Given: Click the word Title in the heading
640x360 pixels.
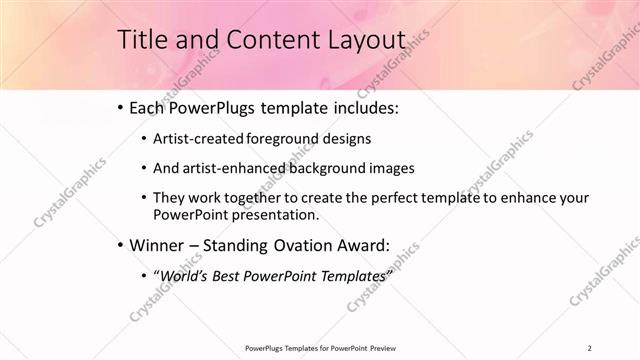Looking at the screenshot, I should pyautogui.click(x=143, y=39).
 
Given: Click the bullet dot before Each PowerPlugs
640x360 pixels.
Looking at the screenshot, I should pyautogui.click(x=121, y=106).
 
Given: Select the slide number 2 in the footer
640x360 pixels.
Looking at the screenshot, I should pyautogui.click(x=589, y=348).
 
